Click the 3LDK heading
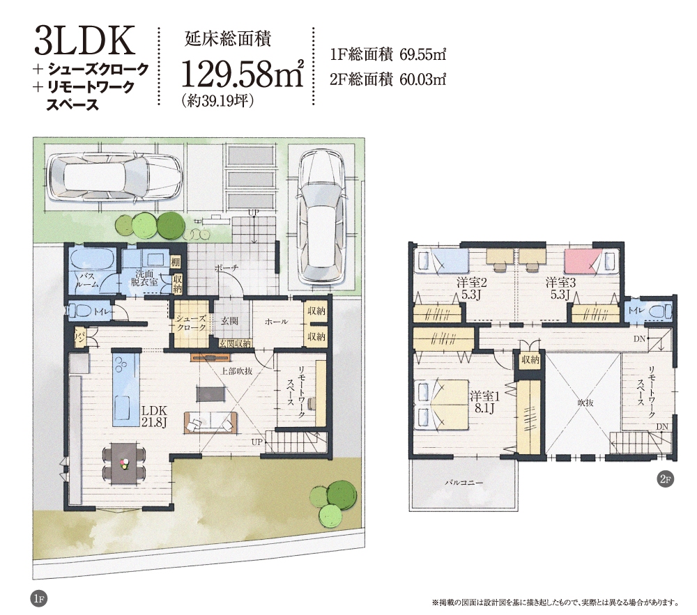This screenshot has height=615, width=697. click(84, 40)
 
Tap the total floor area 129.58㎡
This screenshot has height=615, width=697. click(243, 73)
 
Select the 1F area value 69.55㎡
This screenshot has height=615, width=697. click(423, 54)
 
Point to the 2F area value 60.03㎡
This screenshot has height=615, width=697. click(423, 79)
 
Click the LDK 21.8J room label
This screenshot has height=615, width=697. click(154, 416)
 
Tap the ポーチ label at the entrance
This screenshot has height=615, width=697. click(227, 267)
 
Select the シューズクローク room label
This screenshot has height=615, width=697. click(191, 322)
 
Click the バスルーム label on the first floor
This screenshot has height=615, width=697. click(86, 280)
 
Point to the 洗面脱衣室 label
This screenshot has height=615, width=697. click(144, 277)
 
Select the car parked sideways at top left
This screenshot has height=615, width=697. click(115, 177)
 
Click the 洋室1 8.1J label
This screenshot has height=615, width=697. click(484, 402)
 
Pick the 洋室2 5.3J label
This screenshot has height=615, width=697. click(472, 288)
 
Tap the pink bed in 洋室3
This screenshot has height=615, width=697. click(582, 261)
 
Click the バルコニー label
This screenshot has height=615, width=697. click(464, 482)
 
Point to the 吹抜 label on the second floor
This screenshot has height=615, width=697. click(585, 403)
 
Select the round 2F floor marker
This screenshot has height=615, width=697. click(666, 479)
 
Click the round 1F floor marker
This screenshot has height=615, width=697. click(39, 598)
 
